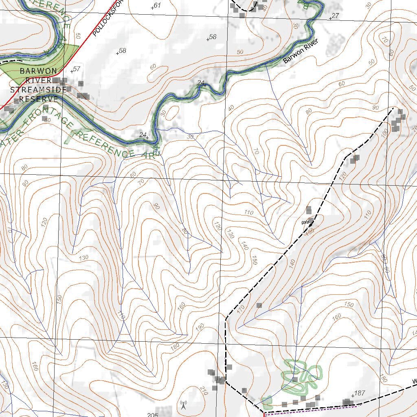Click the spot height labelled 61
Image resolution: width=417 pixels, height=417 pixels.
pyautogui.click(x=156, y=5)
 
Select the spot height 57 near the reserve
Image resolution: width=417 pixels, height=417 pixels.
pyautogui.click(x=75, y=69)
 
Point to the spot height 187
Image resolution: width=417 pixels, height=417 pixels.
pyautogui.click(x=358, y=393)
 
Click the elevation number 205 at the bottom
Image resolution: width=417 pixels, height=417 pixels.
pyautogui.click(x=152, y=415)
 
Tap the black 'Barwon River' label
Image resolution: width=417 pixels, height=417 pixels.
pyautogui.click(x=300, y=52)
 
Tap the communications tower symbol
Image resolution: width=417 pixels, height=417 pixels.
pyautogui.click(x=183, y=405)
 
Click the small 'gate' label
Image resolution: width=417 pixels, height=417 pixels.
pyautogui.click(x=305, y=222)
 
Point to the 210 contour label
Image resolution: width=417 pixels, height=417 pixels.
pyautogui.click(x=204, y=390)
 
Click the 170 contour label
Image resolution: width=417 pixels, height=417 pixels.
pyautogui.click(x=241, y=309)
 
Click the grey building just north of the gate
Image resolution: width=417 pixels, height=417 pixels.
pyautogui.click(x=309, y=210)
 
